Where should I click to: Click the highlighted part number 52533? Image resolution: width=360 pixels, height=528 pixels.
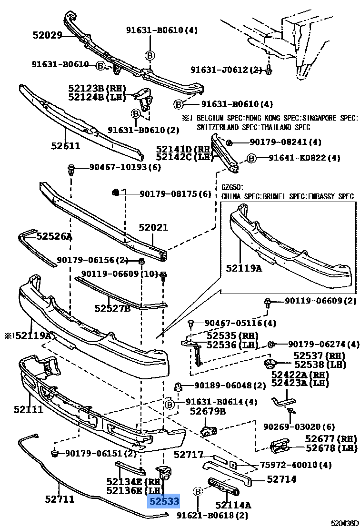point(164,501)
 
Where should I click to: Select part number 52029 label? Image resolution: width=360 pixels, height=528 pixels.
point(48,35)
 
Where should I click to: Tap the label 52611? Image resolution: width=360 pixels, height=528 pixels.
point(66,146)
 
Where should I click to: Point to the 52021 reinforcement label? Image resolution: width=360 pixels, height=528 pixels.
point(153,228)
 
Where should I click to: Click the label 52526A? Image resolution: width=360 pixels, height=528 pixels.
point(54,236)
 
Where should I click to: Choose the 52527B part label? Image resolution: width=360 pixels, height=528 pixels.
point(112,308)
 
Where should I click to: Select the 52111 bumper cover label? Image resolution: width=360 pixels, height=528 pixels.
point(28,409)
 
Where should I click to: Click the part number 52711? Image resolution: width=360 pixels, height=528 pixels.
point(60,499)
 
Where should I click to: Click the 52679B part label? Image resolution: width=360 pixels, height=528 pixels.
point(208,411)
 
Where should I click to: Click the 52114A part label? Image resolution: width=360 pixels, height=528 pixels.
point(233,505)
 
